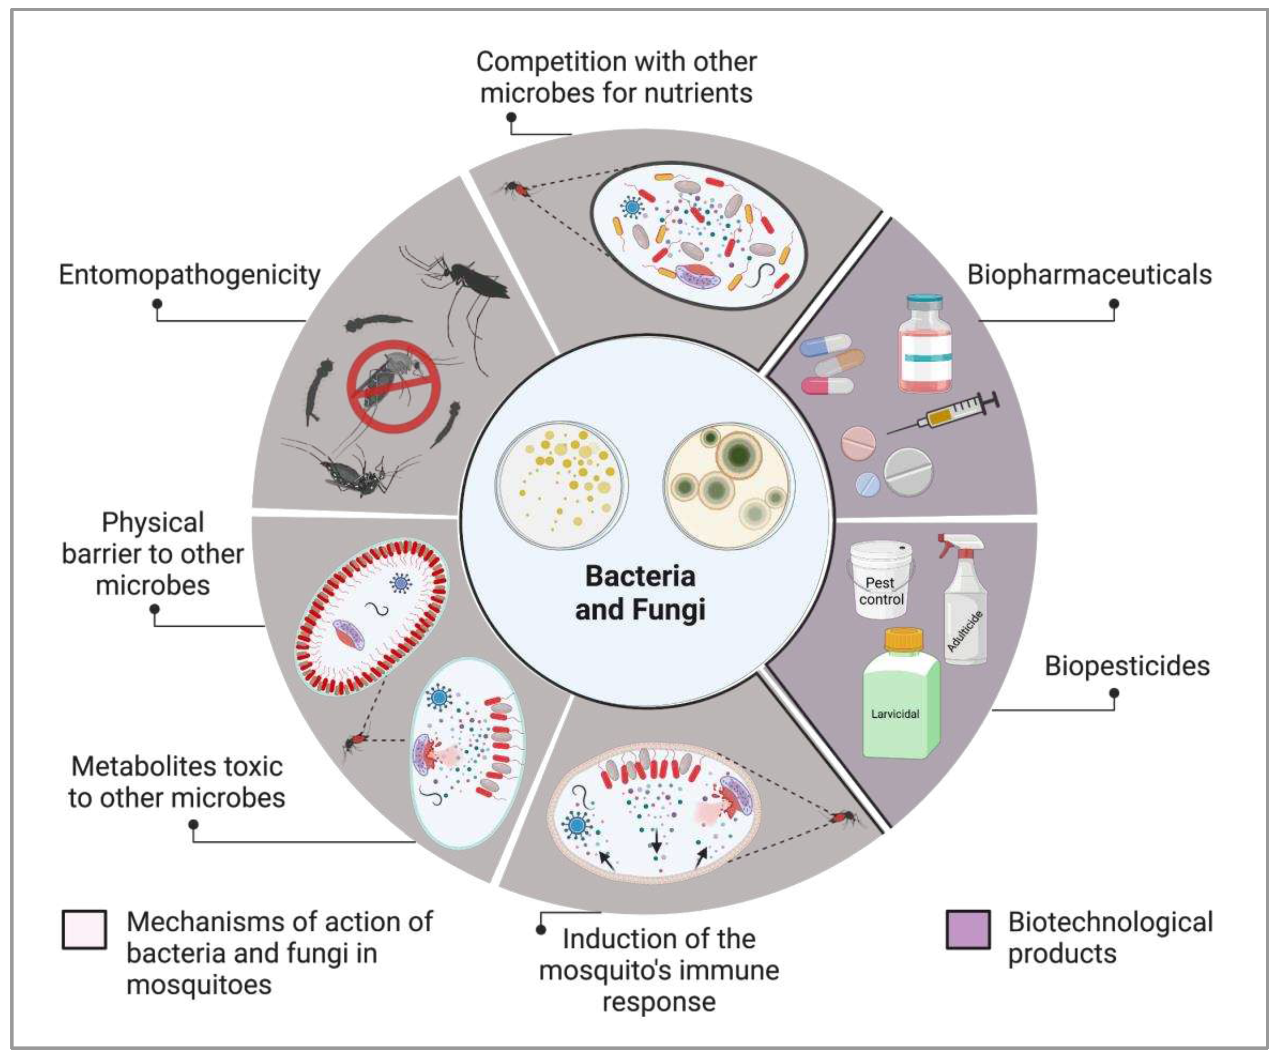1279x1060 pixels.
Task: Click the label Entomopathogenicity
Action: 189,275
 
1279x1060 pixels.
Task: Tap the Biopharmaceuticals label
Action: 1089,275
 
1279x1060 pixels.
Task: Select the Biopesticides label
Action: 1127,666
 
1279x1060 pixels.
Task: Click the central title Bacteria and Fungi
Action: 640,593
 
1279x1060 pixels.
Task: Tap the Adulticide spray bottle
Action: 964,603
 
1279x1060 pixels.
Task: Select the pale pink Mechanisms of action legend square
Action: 84,929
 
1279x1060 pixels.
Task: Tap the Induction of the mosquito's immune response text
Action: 658,971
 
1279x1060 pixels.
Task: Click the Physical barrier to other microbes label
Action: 153,554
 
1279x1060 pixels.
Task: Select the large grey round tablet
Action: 908,472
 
